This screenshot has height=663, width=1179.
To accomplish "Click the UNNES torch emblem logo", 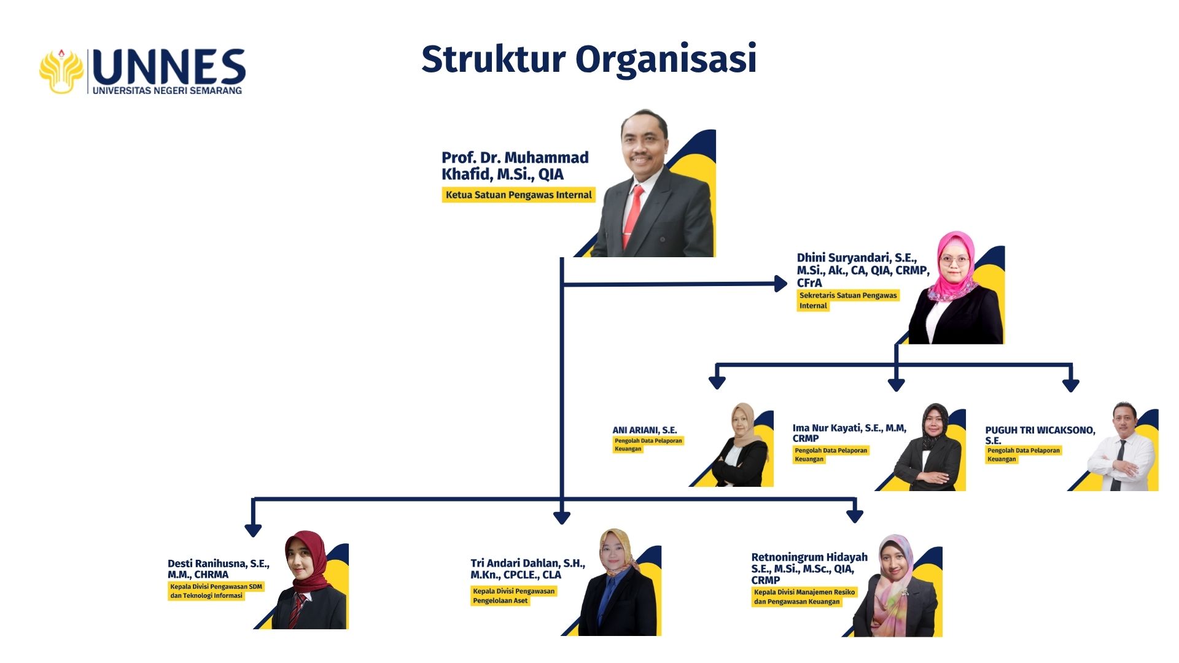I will (61, 71).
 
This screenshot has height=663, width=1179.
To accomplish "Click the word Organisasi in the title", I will (666, 60).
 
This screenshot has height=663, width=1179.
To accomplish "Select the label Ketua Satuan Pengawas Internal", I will (518, 195).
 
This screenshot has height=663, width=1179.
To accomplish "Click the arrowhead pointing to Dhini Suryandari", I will (781, 284).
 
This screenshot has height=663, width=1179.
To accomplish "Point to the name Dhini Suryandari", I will (857, 258).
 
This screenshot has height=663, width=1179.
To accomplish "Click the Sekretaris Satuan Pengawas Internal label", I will (847, 300).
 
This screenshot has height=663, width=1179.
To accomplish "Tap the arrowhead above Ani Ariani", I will (717, 382).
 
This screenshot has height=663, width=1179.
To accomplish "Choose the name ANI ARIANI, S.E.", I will (644, 430).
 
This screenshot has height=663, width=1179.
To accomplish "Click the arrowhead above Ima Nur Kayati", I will (896, 385).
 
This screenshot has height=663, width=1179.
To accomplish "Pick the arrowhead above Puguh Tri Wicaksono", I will (1071, 385).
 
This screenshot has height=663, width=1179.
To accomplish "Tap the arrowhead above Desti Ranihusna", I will (253, 530).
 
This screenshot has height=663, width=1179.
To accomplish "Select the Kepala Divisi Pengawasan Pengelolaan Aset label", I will (513, 595).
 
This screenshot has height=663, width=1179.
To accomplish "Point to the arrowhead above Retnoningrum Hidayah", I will (854, 516).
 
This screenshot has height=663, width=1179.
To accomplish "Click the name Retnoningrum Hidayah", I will (809, 557).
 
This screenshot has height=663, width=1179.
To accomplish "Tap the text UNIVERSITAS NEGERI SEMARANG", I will (167, 91).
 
